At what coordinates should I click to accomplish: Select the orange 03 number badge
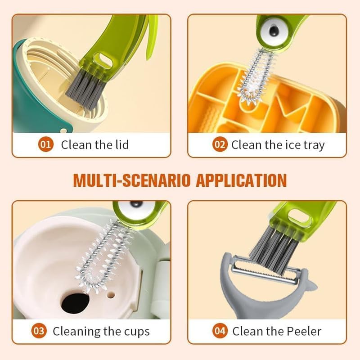point(39,332)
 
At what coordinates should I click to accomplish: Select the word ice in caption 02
point(293,145)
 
